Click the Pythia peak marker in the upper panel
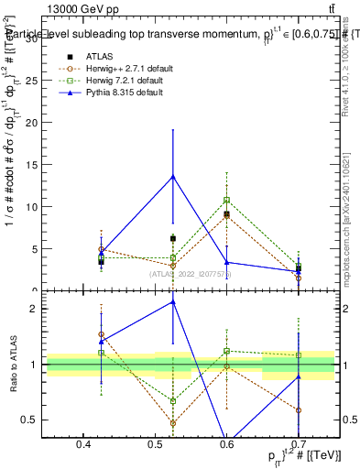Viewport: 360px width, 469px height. [173, 177]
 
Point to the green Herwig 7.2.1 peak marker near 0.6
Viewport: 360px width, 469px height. [226, 201]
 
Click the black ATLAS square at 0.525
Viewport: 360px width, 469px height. [173, 238]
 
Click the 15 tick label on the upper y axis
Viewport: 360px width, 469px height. [34, 165]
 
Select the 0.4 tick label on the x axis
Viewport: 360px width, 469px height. [83, 444]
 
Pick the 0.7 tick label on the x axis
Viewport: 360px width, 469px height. [297, 444]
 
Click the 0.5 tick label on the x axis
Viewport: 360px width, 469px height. [155, 444]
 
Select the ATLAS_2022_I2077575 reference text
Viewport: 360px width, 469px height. [191, 274]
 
